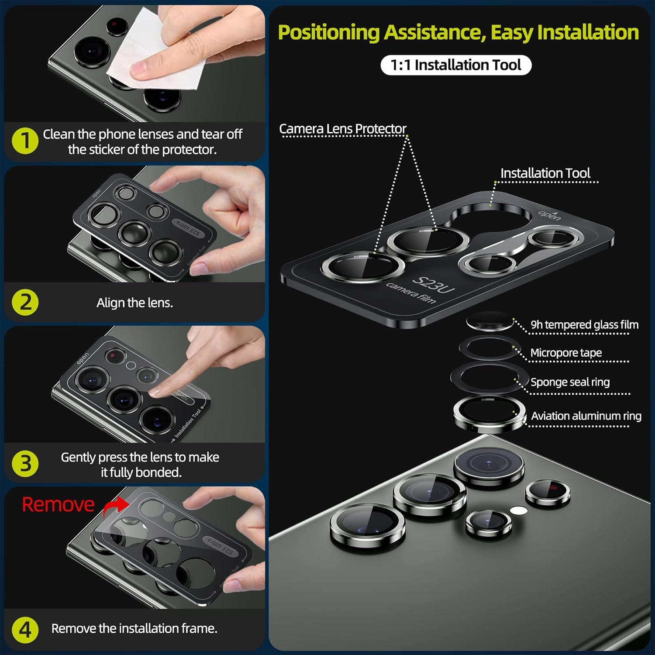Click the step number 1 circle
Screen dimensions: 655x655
click(26, 141)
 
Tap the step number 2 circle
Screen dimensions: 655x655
click(26, 302)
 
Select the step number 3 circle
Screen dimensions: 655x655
click(26, 463)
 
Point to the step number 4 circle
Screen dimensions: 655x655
click(26, 630)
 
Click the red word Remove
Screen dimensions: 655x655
click(58, 504)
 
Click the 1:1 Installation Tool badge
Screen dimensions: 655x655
click(456, 65)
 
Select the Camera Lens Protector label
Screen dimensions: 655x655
click(343, 129)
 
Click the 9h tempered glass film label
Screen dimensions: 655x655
click(584, 325)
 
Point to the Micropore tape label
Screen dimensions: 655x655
click(566, 353)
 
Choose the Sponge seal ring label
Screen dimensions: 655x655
click(570, 382)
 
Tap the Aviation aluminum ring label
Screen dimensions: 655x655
click(586, 416)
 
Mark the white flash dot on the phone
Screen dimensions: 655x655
click(517, 510)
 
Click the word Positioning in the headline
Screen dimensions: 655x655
click(329, 33)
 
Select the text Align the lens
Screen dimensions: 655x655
click(134, 303)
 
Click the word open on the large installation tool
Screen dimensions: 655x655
click(549, 215)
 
